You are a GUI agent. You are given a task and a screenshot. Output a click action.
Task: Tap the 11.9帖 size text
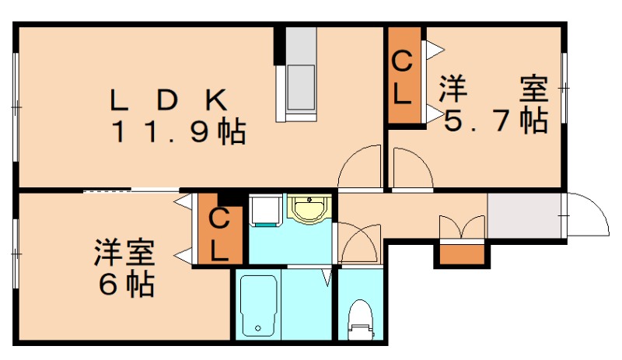pyautogui.click(x=179, y=132)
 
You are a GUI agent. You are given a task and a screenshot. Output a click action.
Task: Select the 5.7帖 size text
pyautogui.click(x=494, y=121)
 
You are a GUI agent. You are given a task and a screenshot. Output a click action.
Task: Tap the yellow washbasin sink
pyautogui.click(x=310, y=208)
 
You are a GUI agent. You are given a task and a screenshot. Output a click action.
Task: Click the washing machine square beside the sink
pyautogui.click(x=264, y=210)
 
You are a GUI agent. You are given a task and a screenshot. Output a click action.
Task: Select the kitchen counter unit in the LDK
pyautogui.click(x=300, y=74)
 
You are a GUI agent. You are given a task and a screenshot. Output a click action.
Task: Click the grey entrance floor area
pyautogui.click(x=524, y=216)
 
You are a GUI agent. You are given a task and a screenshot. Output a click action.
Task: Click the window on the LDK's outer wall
pyautogui.click(x=16, y=105)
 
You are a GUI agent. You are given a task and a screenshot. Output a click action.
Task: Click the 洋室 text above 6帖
pyautogui.click(x=124, y=253)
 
